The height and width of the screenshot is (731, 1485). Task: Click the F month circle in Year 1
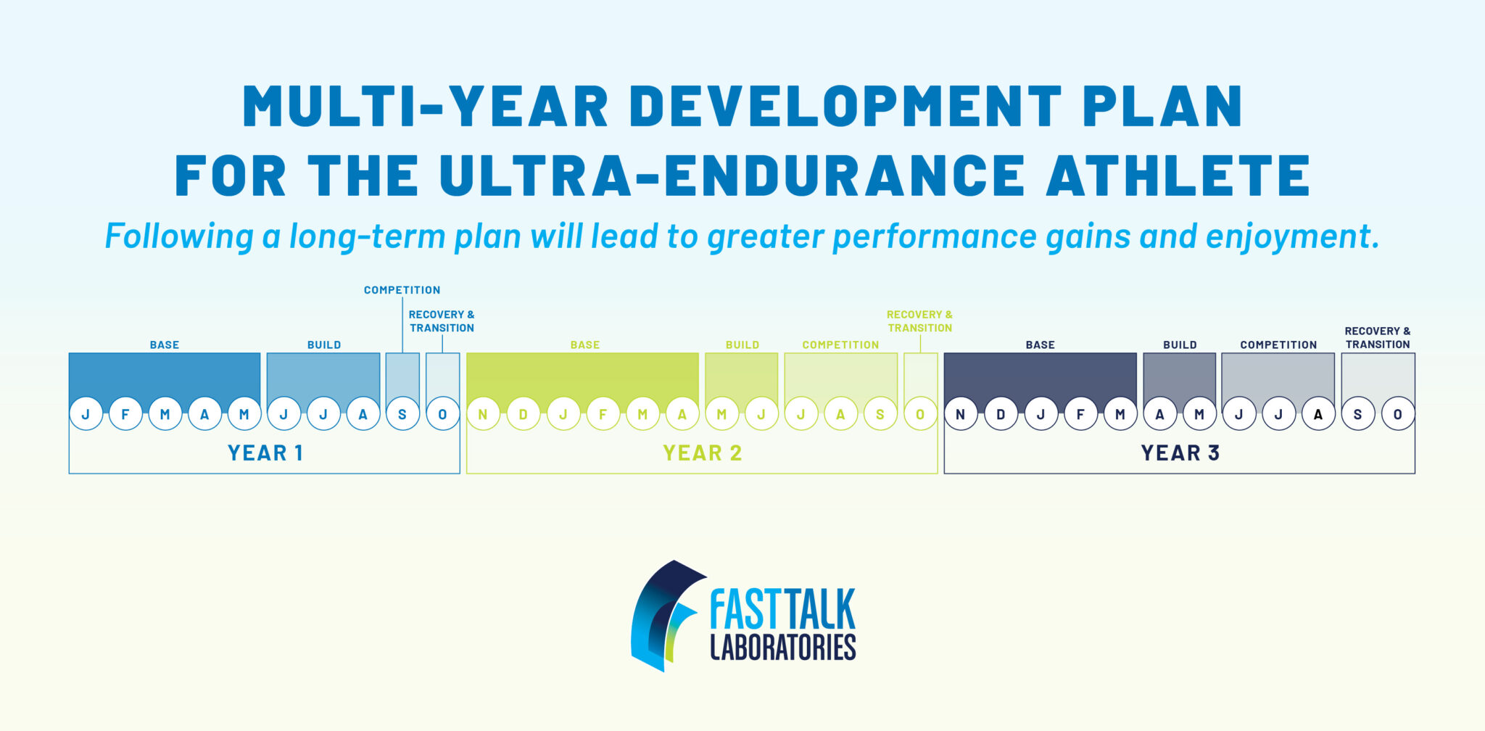[x=125, y=414]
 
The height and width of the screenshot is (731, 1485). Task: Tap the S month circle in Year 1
[x=402, y=414]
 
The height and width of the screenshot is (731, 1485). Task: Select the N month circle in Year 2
[x=483, y=414]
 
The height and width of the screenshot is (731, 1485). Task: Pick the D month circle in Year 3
[x=1001, y=414]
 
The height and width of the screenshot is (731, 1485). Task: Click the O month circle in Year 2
[x=920, y=414]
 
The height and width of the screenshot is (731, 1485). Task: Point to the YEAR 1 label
[x=265, y=453]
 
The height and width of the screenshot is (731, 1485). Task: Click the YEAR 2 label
[x=703, y=453]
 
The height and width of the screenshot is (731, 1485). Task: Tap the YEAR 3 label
[x=1180, y=453]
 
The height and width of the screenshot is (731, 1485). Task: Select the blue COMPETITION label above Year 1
[x=402, y=290]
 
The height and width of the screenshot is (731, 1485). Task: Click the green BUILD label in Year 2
[x=742, y=345]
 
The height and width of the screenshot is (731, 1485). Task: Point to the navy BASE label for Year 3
[x=1040, y=345]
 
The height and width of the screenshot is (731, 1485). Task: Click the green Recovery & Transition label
[x=919, y=321]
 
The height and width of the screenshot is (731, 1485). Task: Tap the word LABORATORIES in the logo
[x=783, y=647]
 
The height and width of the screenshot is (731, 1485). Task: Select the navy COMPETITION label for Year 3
[x=1278, y=345]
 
